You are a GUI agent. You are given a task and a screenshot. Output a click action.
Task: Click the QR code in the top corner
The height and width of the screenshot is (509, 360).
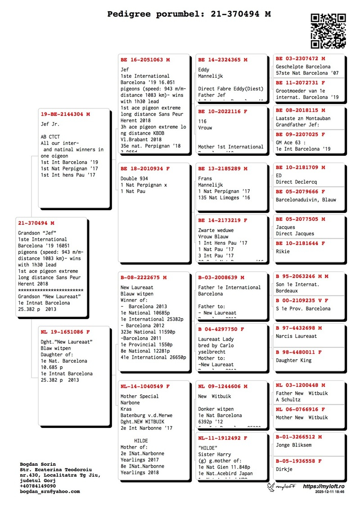[328, 31]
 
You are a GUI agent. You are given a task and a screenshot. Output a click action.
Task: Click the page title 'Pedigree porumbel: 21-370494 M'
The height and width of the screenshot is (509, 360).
[189, 14]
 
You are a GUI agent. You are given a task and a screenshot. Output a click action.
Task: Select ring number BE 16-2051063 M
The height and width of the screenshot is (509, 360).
[145, 59]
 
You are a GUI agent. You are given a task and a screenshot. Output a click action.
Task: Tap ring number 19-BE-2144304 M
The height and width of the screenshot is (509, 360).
[65, 114]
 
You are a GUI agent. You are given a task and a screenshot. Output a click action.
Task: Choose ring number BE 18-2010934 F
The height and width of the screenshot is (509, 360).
[145, 169]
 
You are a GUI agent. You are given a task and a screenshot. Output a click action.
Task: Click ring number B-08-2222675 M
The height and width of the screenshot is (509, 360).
[143, 278]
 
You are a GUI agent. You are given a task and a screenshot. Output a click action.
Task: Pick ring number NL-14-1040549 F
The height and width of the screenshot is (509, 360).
[145, 386]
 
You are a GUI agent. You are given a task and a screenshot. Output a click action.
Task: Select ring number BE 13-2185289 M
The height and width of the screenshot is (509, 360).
[222, 169]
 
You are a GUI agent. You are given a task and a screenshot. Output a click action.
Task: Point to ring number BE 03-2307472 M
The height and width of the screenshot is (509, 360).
[300, 59]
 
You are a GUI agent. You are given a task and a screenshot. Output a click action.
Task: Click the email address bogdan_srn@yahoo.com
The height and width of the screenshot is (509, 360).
[50, 491]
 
